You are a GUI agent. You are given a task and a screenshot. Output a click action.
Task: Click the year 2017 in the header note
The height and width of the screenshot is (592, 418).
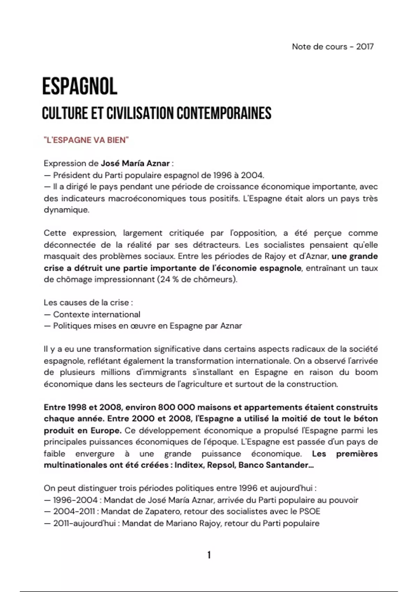point(365,47)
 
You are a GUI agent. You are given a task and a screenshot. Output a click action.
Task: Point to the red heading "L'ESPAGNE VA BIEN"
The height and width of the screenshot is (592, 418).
point(86,140)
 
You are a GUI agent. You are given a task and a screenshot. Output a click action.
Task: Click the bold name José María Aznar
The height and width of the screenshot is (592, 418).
point(135,163)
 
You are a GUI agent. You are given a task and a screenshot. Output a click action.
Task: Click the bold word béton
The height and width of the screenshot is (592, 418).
point(365,419)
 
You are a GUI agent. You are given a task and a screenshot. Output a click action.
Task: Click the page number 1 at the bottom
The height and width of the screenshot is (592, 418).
point(209,555)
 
